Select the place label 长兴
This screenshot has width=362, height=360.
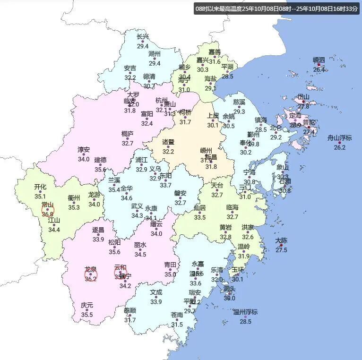coord(143,37)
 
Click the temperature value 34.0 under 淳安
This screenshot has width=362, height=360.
coord(84,159)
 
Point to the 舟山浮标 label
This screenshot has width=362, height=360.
coord(340,138)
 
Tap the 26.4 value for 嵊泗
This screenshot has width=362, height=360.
coord(319,69)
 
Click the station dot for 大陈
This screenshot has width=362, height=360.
coord(281,245)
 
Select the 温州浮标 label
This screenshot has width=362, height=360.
coord(245,312)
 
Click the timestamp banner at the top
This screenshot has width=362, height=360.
coord(277,9)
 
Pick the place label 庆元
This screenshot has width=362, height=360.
coord(87,305)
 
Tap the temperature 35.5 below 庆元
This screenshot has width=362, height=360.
coord(87,315)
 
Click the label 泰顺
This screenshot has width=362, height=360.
coord(130,310)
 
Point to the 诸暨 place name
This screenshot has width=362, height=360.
coord(168,142)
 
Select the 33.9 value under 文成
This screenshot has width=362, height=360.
coord(156,302)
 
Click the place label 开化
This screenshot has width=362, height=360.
coord(40,187)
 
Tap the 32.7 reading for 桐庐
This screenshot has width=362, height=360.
coord(128,143)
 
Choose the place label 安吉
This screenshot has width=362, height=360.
coord(130,68)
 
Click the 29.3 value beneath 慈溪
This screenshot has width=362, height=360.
coord(239,111)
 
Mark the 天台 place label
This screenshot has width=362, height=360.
coord(217,185)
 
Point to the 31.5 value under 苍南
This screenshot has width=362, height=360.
coord(177,325)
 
